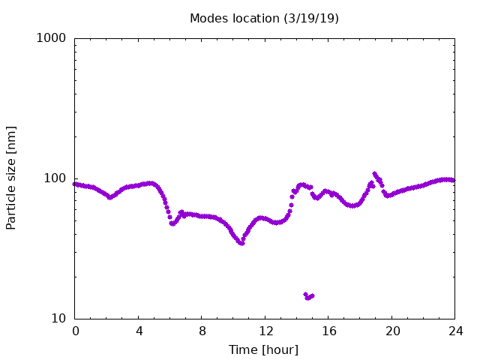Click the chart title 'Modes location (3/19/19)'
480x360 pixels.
pyautogui.click(x=264, y=18)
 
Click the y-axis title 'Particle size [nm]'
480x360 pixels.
pyautogui.click(x=11, y=178)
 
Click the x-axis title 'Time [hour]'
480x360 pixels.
pyautogui.click(x=263, y=349)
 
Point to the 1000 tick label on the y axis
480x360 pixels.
pyautogui.click(x=51, y=38)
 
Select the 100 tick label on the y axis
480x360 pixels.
pyautogui.click(x=55, y=178)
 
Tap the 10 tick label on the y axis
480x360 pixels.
pyautogui.click(x=58, y=318)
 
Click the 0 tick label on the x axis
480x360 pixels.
pyautogui.click(x=75, y=331)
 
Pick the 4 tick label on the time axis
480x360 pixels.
pyautogui.click(x=139, y=331)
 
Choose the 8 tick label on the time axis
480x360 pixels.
pyautogui.click(x=202, y=331)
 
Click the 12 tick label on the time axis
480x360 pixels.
pyautogui.click(x=265, y=331)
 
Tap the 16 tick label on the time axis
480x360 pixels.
pyautogui.click(x=329, y=331)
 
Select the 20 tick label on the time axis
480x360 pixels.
pyautogui.click(x=392, y=331)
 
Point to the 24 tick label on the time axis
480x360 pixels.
pyautogui.click(x=456, y=331)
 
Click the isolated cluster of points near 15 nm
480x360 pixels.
pyautogui.click(x=308, y=296)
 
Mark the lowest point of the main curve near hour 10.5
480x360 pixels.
pyautogui.click(x=241, y=243)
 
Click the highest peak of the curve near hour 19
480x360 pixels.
pyautogui.click(x=374, y=174)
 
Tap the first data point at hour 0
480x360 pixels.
pyautogui.click(x=74, y=184)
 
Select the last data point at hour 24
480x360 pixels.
pyautogui.click(x=454, y=180)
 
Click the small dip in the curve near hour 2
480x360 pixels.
pyautogui.click(x=110, y=197)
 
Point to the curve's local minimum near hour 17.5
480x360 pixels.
pyautogui.click(x=353, y=205)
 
